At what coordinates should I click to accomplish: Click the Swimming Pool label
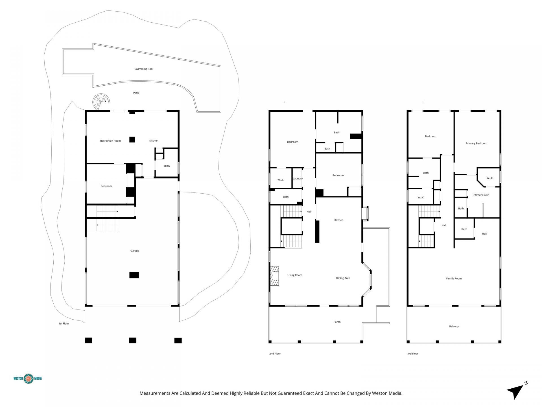coord(144,69)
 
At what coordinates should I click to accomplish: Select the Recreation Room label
coord(110,141)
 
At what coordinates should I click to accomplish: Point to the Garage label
coord(135,251)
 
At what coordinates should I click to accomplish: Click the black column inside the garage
coord(134,275)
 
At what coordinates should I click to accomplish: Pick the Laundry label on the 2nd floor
coord(298,179)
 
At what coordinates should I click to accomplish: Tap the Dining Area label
coord(343,278)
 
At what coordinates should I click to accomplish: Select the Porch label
coord(337,322)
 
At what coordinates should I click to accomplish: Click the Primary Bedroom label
coord(476,143)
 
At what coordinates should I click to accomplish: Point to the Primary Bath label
coord(481,195)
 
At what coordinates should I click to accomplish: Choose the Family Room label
coord(454,279)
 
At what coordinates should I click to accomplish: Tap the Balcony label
coord(454,326)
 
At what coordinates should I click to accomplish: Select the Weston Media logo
coord(28,378)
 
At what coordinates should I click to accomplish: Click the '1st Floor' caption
coord(64,324)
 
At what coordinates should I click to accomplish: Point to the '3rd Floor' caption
coord(413,354)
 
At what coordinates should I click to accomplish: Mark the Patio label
coord(136,93)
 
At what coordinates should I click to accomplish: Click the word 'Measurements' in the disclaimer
coord(155,393)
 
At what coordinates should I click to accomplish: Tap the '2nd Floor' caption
coord(275,354)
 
